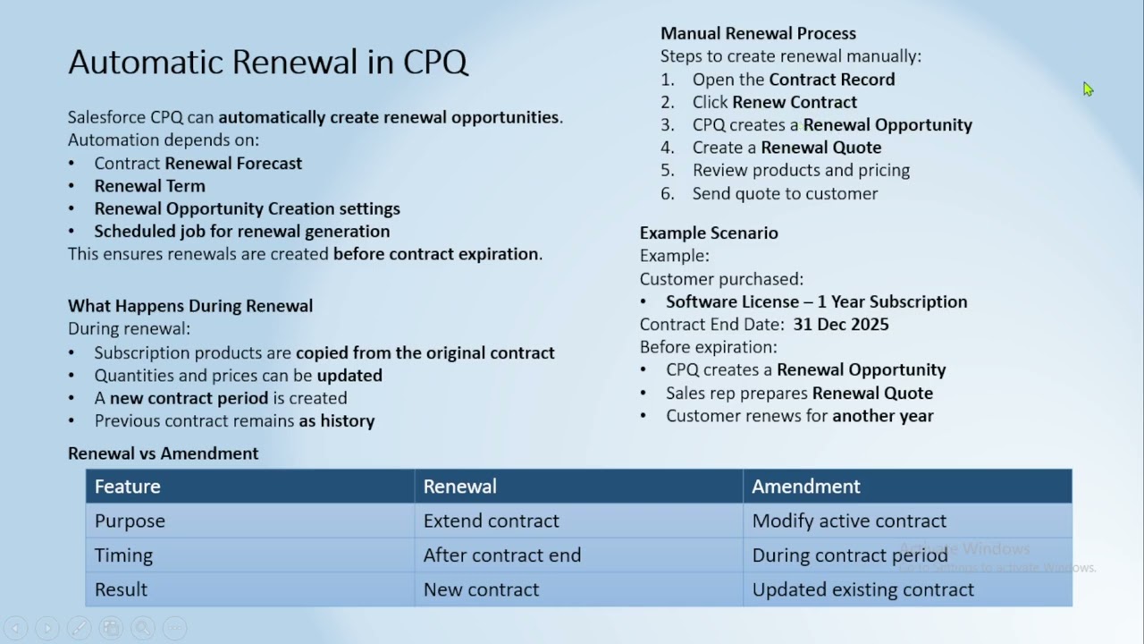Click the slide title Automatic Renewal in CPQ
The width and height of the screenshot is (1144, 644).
coord(268,62)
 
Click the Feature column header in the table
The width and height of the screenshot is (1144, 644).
coord(128,487)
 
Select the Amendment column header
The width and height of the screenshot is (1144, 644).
coord(805,487)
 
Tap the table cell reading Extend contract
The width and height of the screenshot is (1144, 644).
coord(491,521)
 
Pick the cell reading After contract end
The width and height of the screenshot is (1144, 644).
coord(501,555)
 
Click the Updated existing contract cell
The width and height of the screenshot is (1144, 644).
coord(862,589)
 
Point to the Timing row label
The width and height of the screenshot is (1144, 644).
coord(123,555)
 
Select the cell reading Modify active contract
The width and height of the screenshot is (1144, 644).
coord(848,521)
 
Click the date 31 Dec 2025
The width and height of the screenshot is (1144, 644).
coord(840,325)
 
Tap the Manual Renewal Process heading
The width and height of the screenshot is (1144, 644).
coord(758,33)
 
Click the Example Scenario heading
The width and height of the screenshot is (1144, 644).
coord(709,233)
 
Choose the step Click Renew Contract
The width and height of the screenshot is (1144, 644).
coord(774,102)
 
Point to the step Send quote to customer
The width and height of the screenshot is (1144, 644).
coord(785,193)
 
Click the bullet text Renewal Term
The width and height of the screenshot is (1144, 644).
coord(149,186)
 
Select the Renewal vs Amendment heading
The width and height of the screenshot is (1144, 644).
coord(163,453)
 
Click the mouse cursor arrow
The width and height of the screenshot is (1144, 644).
coord(1087,89)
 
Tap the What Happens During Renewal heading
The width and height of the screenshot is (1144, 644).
coord(190,306)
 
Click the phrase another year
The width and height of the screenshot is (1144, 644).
coord(882,416)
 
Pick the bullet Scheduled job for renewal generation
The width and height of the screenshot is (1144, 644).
coord(241,232)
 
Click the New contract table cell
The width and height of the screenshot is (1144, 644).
coord(481,589)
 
